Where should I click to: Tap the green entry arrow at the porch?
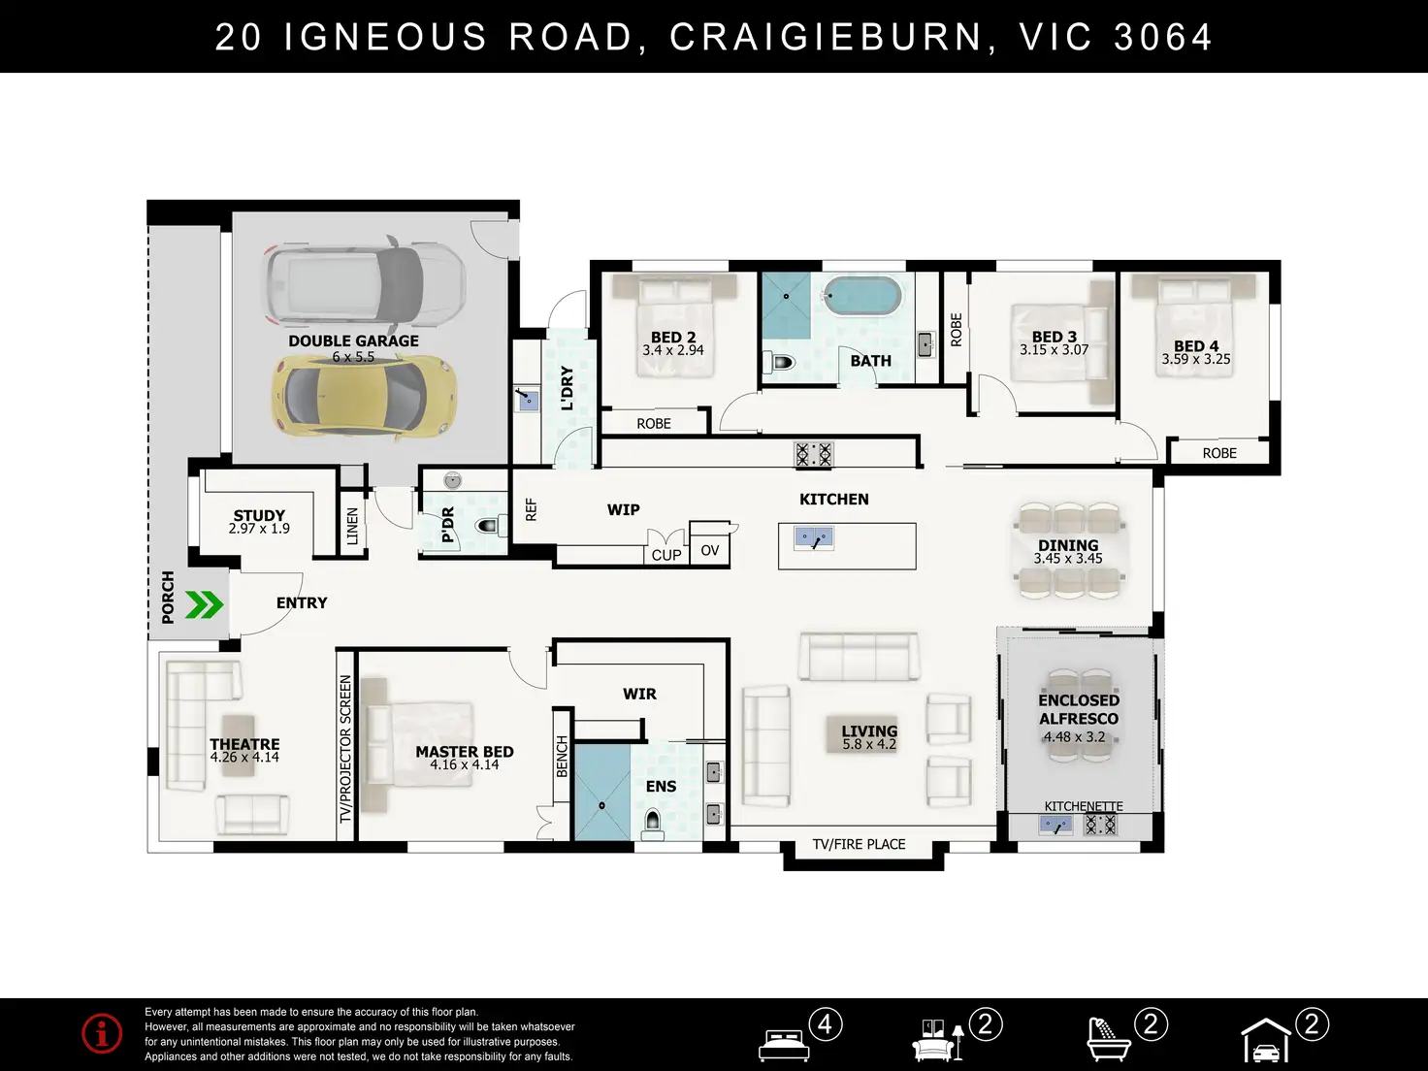tap(205, 604)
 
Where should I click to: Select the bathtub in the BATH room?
tap(862, 297)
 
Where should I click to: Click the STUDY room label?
tap(259, 516)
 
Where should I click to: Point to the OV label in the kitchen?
tap(710, 551)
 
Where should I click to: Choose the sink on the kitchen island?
tap(813, 538)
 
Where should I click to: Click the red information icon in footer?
tap(102, 1034)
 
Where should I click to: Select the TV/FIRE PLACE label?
tap(859, 844)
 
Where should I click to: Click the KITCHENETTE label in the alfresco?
tap(1084, 806)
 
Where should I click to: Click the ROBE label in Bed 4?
tap(1219, 453)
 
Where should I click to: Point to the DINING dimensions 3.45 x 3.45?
tap(1068, 559)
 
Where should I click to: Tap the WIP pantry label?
tap(623, 510)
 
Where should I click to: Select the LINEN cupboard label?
tap(352, 526)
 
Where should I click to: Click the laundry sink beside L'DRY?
tap(528, 401)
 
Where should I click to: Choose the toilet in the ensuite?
tap(653, 822)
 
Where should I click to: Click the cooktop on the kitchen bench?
tap(814, 454)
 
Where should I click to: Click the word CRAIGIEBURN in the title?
tap(827, 37)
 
